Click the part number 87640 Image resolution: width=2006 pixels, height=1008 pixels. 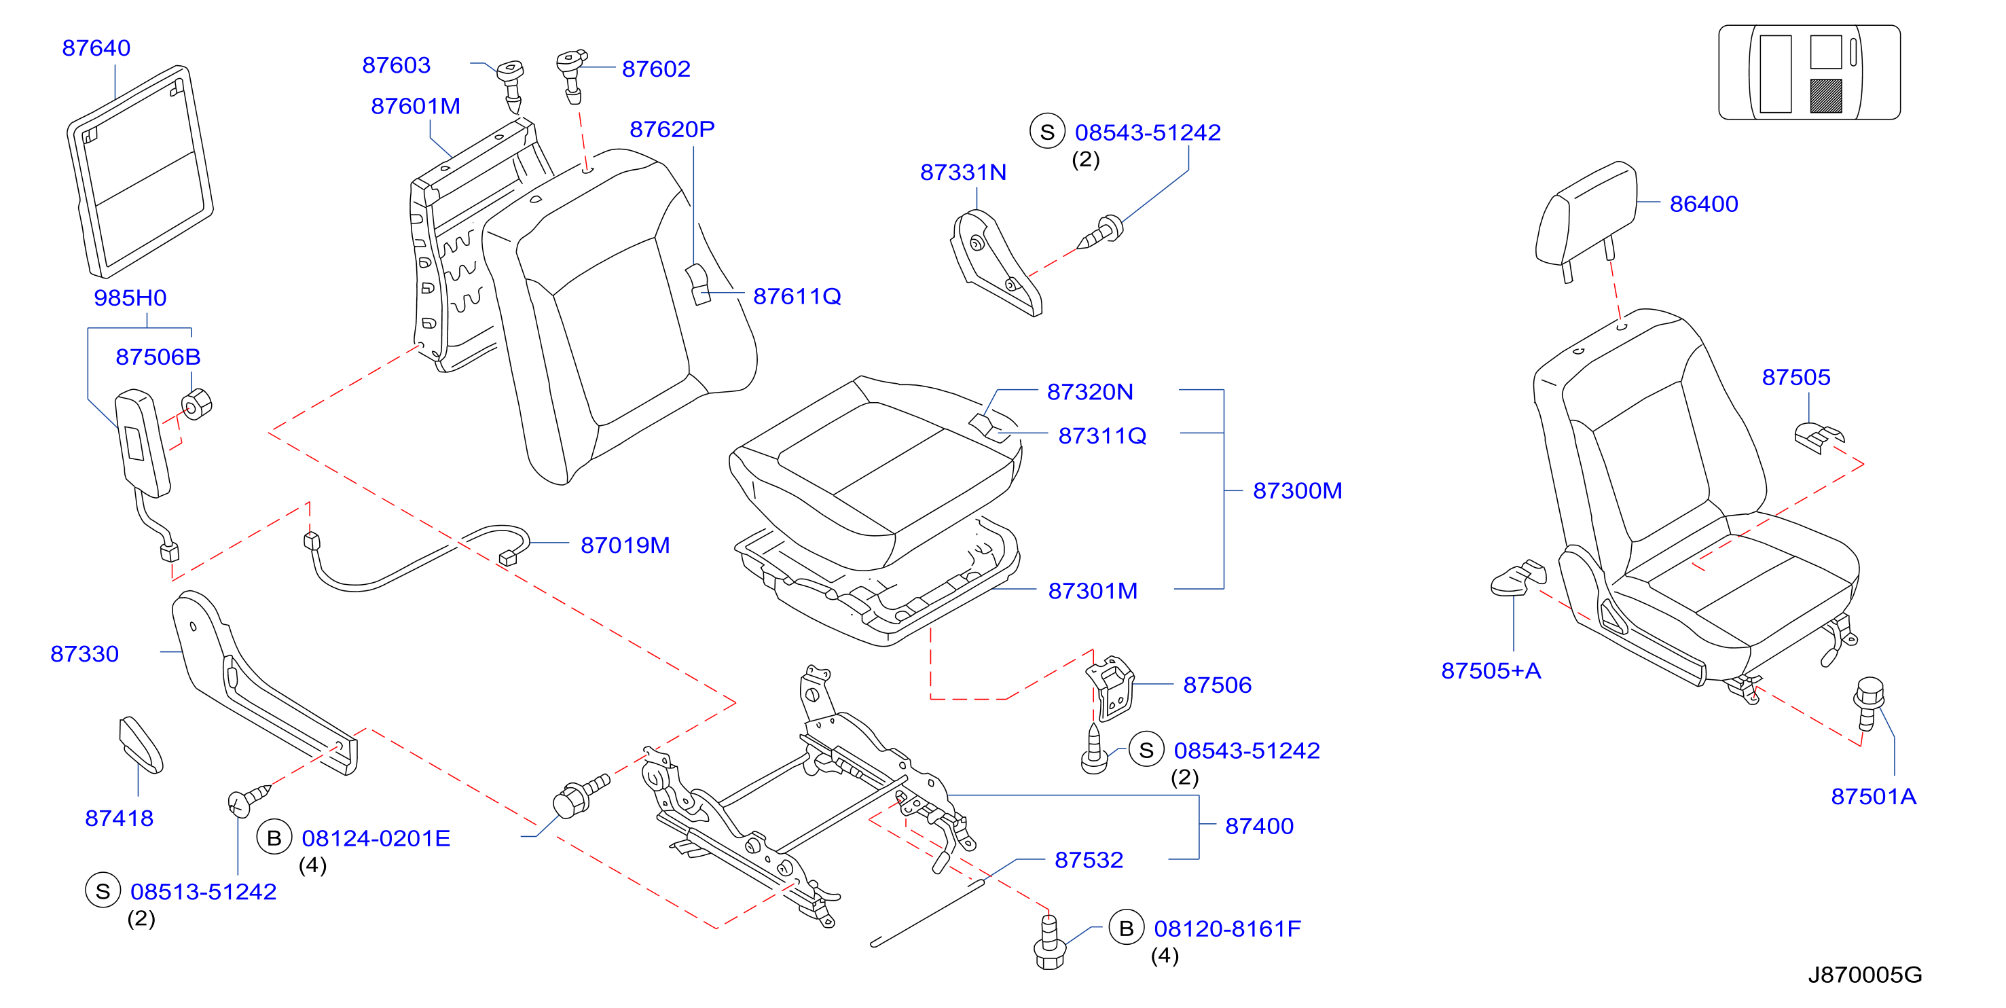coord(96,48)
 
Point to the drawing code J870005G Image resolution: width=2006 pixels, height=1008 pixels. coord(1864,975)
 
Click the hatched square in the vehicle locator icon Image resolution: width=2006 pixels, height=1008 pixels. coord(1825,96)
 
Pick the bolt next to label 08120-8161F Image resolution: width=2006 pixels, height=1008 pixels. coord(1050,942)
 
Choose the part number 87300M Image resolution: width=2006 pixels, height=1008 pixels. coord(1297,491)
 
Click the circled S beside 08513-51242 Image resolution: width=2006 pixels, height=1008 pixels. coord(103,891)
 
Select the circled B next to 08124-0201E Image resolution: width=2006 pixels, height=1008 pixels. coord(274,838)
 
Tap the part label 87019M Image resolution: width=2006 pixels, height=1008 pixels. coord(625,545)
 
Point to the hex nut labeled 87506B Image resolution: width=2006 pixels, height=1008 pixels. coord(196,404)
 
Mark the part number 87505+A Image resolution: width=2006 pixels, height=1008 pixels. coord(1491,670)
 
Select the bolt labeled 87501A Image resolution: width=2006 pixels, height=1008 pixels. coord(1869,704)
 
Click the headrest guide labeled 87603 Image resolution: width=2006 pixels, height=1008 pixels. coord(511,84)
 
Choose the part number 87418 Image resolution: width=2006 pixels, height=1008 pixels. coord(119,818)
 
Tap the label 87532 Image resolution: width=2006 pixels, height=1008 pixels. coord(1089,860)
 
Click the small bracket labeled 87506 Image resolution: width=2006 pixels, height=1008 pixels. coord(1112,687)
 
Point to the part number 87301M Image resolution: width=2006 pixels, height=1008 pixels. coord(1093,591)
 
